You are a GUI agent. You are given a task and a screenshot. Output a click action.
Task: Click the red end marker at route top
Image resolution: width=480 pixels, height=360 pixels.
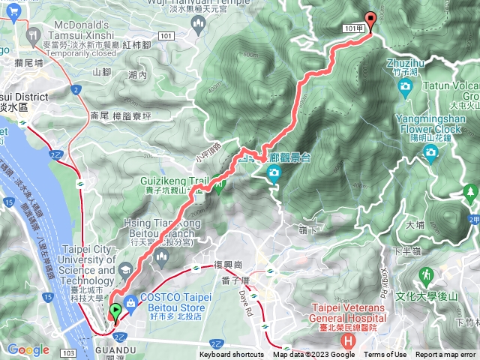[370, 21]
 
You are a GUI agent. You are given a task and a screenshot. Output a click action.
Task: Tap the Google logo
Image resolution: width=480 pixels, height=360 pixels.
[28, 349]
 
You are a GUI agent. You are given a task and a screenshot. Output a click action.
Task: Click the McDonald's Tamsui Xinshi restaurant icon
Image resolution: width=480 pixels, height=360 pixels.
[34, 34]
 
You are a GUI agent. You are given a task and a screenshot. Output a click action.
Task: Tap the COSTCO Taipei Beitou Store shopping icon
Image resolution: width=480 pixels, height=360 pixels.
[131, 302]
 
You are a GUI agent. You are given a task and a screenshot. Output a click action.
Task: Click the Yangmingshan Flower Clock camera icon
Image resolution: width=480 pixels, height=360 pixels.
[430, 154]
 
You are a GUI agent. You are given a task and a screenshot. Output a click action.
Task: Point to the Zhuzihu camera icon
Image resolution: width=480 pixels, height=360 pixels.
[406, 88]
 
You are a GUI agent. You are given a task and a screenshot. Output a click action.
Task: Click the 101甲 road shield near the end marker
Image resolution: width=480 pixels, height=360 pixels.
[356, 28]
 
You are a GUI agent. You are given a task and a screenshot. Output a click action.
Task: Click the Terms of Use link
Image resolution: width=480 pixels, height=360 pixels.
[385, 355]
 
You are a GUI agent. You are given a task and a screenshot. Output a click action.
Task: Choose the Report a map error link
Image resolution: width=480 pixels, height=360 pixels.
[445, 355]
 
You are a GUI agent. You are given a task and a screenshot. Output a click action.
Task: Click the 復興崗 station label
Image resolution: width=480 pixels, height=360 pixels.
[228, 265]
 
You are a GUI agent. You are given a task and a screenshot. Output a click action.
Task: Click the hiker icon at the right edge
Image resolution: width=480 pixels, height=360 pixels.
[471, 193]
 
